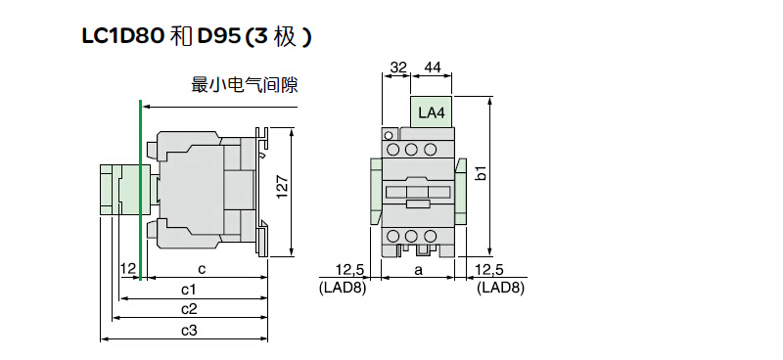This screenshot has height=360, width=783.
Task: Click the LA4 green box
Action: pyautogui.click(x=431, y=112)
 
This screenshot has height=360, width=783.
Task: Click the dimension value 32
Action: pyautogui.click(x=398, y=67)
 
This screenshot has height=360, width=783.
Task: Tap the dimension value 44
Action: pyautogui.click(x=433, y=67)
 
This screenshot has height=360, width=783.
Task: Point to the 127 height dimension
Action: pyautogui.click(x=283, y=187)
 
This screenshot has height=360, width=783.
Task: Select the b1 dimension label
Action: pyautogui.click(x=481, y=173)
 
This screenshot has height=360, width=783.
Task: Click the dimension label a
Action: pyautogui.click(x=419, y=270)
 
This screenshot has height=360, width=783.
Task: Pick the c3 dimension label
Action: pyautogui.click(x=189, y=330)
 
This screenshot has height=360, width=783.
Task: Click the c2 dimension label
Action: pyautogui.click(x=189, y=309)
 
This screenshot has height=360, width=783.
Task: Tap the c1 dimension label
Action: pyautogui.click(x=188, y=290)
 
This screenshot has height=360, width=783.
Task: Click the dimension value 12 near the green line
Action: pyautogui.click(x=128, y=269)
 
